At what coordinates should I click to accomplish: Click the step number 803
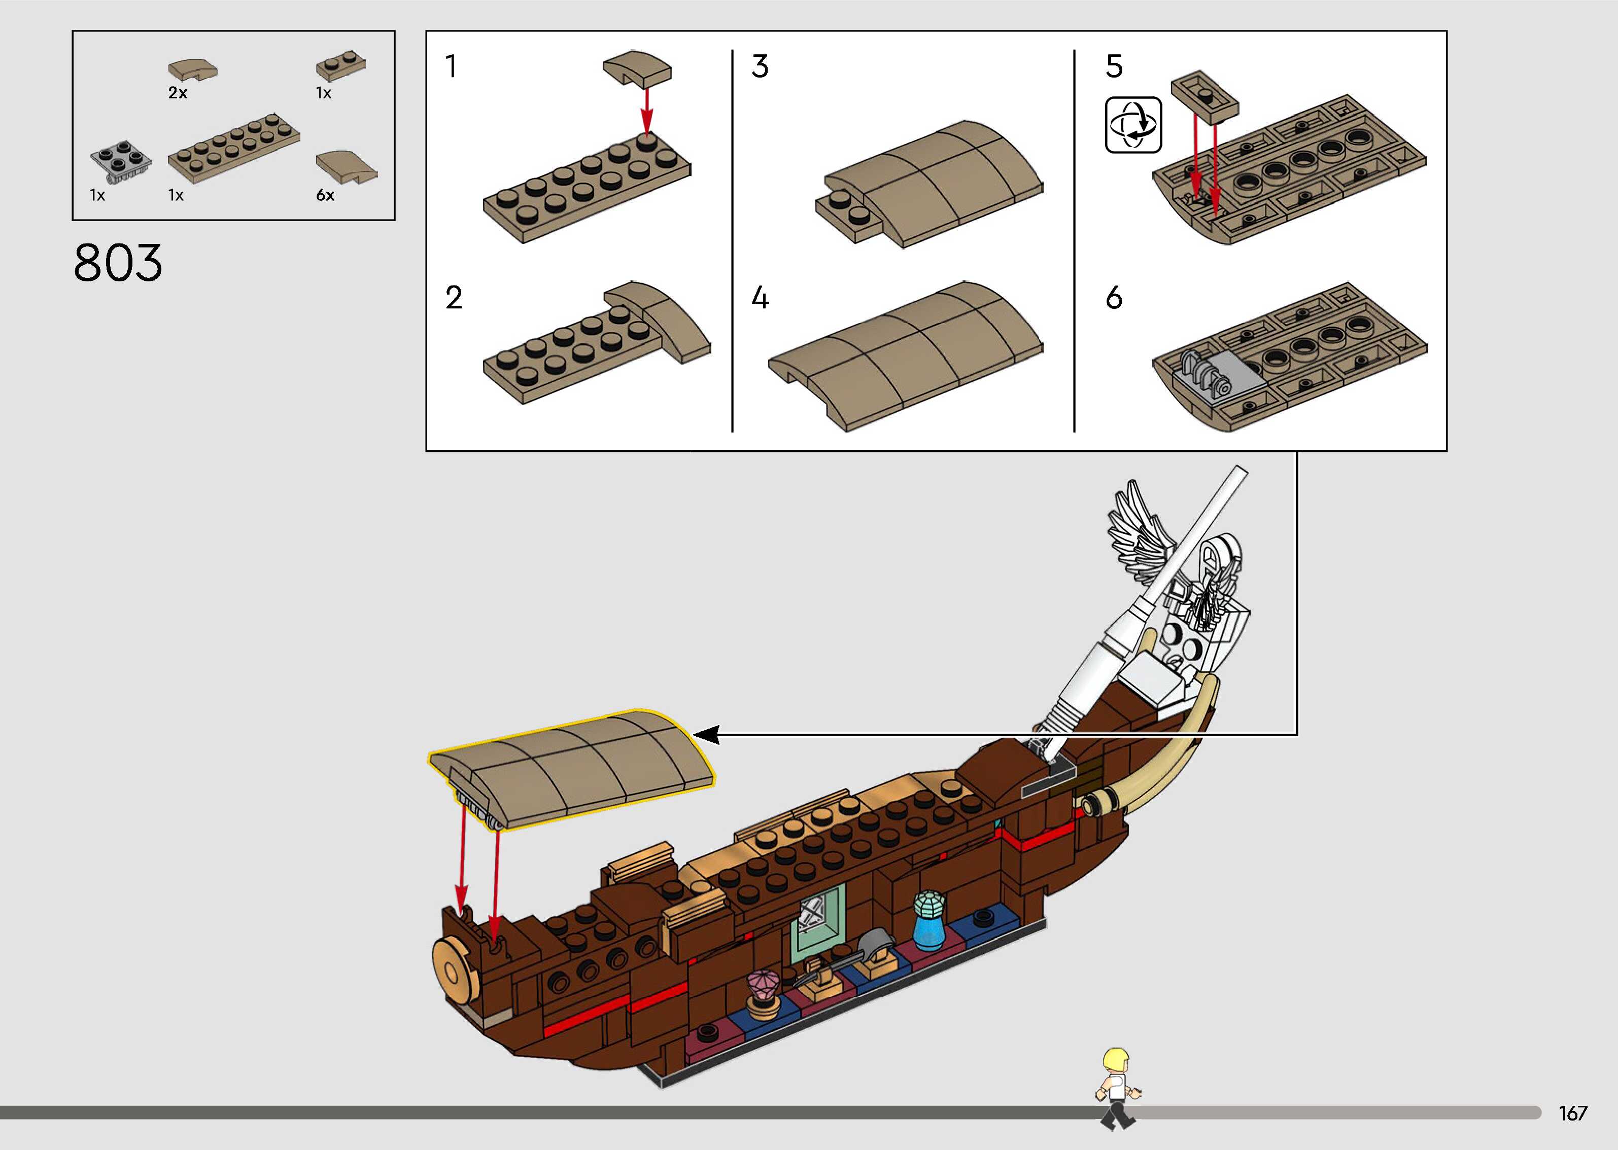tap(118, 263)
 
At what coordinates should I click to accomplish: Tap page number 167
tap(1573, 1112)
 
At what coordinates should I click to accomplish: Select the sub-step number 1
tap(451, 66)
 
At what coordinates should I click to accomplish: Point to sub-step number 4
tap(760, 298)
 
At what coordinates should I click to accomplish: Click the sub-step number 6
tap(1114, 298)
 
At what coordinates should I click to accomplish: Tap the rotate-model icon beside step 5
tap(1133, 125)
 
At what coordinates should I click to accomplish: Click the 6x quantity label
tap(325, 195)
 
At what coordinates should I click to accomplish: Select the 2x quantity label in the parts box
tap(178, 93)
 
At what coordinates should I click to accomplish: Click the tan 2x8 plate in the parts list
tap(234, 148)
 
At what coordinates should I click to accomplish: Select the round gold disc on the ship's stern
tap(454, 970)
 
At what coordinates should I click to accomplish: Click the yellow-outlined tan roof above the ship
tap(574, 768)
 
